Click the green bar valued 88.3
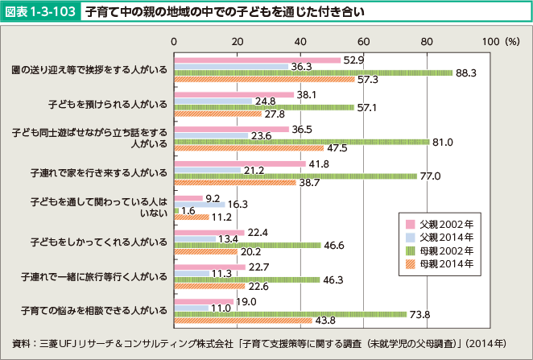click(x=314, y=72)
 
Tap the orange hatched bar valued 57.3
click(x=265, y=79)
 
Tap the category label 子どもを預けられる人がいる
click(x=108, y=105)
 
